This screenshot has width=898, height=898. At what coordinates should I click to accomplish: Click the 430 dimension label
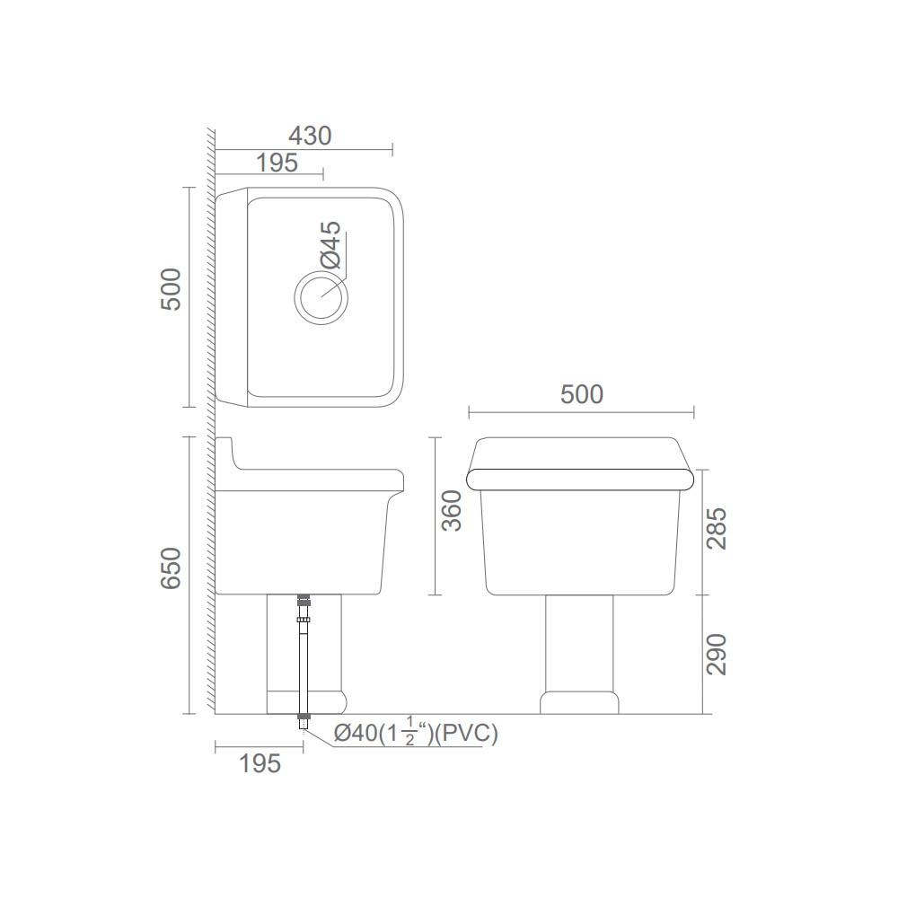pyautogui.click(x=310, y=136)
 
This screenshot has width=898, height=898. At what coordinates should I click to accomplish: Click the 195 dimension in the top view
pyautogui.click(x=277, y=163)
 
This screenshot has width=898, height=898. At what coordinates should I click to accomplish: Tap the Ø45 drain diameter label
pyautogui.click(x=331, y=245)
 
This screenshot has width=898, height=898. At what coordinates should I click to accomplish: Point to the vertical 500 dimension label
pyautogui.click(x=171, y=290)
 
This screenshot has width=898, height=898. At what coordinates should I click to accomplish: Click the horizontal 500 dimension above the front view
pyautogui.click(x=581, y=394)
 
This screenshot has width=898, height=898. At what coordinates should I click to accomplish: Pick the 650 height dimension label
pyautogui.click(x=171, y=568)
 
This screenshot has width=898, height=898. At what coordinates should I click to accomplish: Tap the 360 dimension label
pyautogui.click(x=452, y=511)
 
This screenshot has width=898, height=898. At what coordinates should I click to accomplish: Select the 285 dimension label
pyautogui.click(x=717, y=528)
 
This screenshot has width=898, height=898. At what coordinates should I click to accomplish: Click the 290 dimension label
pyautogui.click(x=717, y=655)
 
